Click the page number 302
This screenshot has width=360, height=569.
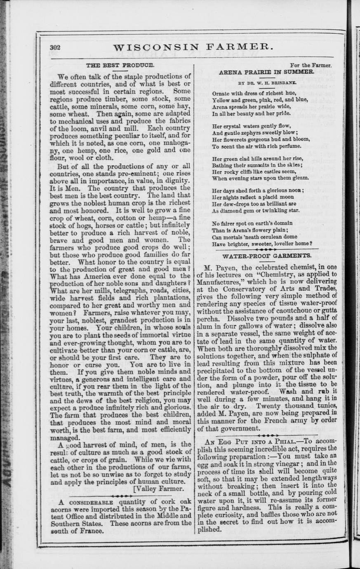pyautogui.click(x=55, y=47)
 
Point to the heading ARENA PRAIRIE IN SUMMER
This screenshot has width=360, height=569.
pyautogui.click(x=268, y=72)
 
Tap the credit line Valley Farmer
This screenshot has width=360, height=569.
pyautogui.click(x=160, y=489)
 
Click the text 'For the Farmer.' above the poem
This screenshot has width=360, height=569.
pyautogui.click(x=311, y=65)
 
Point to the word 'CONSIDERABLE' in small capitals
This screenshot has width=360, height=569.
pyautogui.click(x=90, y=503)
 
